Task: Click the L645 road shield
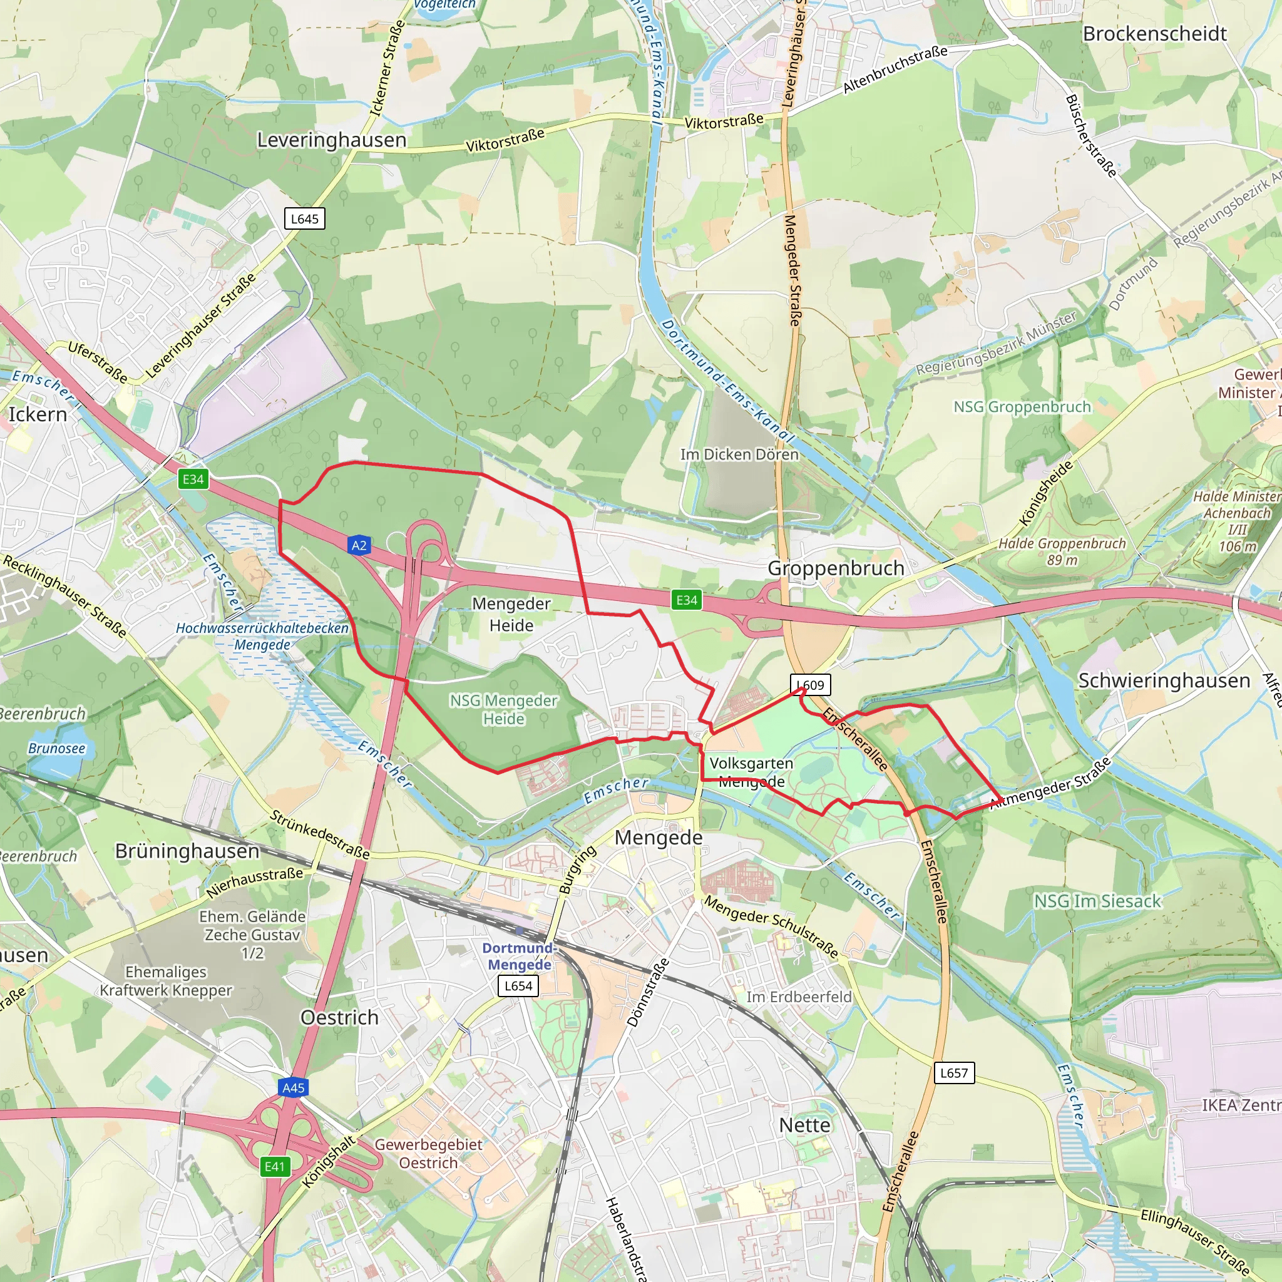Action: click(305, 219)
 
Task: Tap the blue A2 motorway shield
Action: click(359, 545)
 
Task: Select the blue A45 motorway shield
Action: click(294, 1087)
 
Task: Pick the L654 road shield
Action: click(518, 985)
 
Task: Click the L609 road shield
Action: click(810, 685)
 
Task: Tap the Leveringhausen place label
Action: click(331, 140)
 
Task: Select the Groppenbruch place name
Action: click(836, 568)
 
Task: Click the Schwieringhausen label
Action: click(1164, 680)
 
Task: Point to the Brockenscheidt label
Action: click(1154, 34)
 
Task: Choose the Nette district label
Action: click(804, 1125)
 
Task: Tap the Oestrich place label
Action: click(339, 1017)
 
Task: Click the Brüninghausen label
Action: click(187, 851)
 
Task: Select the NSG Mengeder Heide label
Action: click(504, 709)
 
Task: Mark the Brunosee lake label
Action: click(56, 749)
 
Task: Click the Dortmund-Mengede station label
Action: click(520, 956)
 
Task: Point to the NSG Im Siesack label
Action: click(1097, 901)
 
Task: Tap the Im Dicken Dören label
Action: click(739, 454)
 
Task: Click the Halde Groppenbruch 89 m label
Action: click(1062, 551)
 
